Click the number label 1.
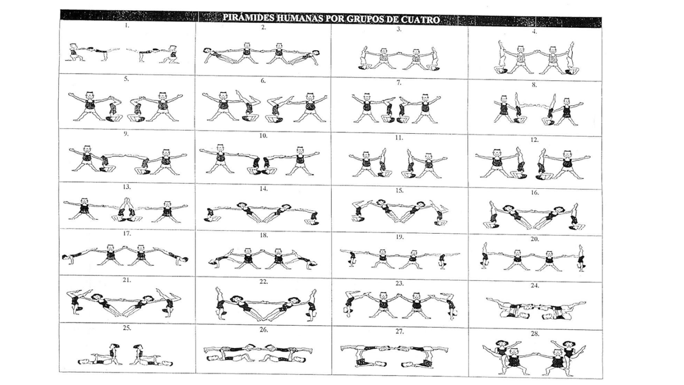127,26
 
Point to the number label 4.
534,32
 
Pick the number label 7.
399,82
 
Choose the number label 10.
263,136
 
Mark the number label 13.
127,187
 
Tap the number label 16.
535,192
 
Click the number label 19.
399,237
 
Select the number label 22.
263,282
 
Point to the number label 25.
127,328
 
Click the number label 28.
535,334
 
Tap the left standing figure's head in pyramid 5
89,95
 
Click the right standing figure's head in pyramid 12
567,155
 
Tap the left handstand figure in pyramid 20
485,256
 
